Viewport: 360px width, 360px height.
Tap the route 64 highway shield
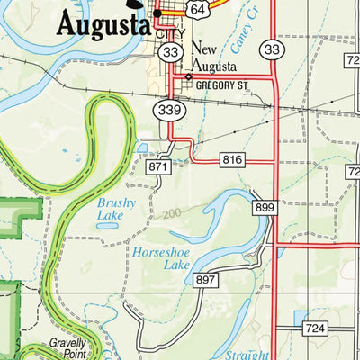pos(198,7)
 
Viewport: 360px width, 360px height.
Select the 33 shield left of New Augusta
pos(171,53)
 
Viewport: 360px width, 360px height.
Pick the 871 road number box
pos(159,166)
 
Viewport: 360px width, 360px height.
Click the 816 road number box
pos(231,160)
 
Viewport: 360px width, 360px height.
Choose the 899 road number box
pos(264,206)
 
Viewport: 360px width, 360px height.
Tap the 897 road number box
pos(206,281)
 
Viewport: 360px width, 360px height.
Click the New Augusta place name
pos(214,58)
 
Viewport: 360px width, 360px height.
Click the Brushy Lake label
pos(116,210)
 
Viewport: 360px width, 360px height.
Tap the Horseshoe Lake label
pos(163,259)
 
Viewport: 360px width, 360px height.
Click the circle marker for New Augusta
pos(188,78)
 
